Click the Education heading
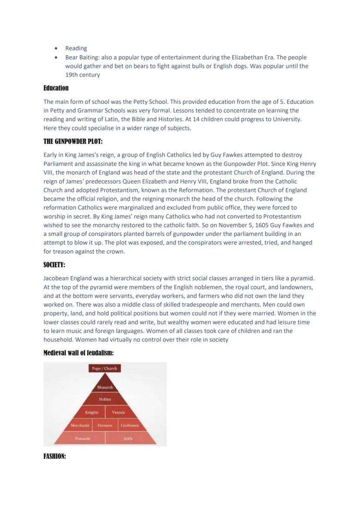56,88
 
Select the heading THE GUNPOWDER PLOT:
73,142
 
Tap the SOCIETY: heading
54,265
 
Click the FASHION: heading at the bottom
55,456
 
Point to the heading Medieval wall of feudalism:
79,353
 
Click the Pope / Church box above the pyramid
104,368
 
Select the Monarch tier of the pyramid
105,387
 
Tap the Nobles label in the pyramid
105,399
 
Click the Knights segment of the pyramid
92,412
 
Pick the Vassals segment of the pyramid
118,412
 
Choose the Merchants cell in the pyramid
80,426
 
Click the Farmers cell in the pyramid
105,426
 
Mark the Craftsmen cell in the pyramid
130,426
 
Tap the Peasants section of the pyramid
83,439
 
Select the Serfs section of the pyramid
128,439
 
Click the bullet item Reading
76,48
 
